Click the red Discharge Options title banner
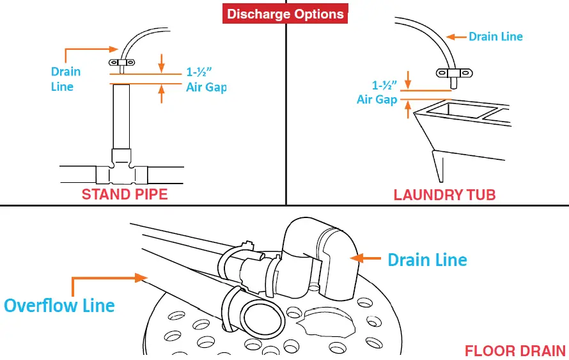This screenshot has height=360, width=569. coord(285,13)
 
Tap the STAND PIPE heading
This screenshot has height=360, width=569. coord(124,194)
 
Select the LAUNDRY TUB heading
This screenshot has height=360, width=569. coord(444,194)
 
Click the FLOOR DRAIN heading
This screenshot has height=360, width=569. coord(515,350)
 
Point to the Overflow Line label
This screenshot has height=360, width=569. coord(59,306)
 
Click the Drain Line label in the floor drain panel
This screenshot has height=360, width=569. coord(427,260)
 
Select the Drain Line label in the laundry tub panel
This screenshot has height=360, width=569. coord(495,36)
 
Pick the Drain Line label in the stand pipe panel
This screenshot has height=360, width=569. coord(66,79)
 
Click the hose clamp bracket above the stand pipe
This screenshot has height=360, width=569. coord(121,63)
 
